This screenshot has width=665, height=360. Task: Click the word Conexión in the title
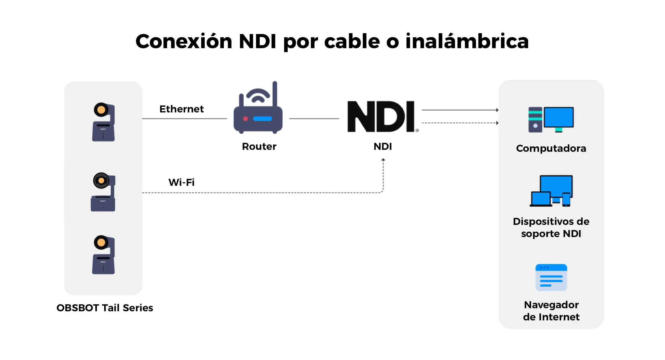184,41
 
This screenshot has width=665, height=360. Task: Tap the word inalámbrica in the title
467,41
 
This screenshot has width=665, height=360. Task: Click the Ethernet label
181,109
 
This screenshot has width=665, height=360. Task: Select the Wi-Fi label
181,182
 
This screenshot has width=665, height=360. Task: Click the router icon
258,107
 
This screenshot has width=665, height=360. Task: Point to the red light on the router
245,119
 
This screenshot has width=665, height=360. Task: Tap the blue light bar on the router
263,119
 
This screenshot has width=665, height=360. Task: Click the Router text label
259,146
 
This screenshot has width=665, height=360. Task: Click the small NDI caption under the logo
383,146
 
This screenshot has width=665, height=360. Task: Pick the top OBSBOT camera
104,122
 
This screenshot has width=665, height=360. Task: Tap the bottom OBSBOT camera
104,255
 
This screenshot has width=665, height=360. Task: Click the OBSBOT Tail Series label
105,308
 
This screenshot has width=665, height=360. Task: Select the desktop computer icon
551,120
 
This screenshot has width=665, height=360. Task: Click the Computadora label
551,148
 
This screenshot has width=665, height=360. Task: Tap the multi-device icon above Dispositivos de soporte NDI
551,191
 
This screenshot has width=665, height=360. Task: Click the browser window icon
551,277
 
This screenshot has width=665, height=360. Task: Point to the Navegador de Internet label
551,311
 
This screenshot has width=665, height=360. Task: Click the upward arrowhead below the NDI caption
383,160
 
